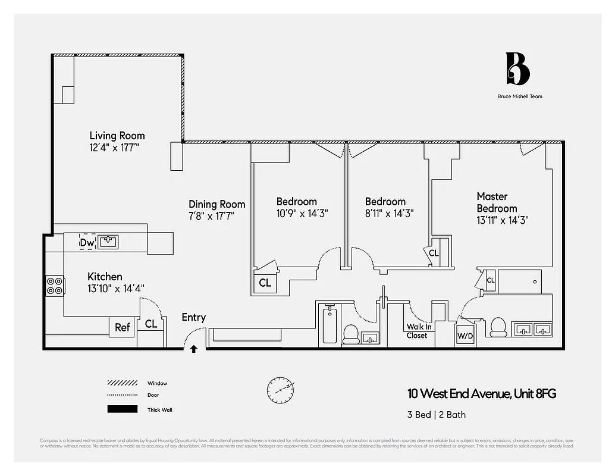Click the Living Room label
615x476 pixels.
(x=117, y=136)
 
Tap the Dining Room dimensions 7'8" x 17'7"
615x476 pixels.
(x=212, y=217)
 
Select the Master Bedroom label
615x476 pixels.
(x=497, y=202)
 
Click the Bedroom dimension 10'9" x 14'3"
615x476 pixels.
(x=302, y=213)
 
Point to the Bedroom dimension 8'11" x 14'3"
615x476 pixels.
(x=389, y=213)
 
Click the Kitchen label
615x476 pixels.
(x=105, y=277)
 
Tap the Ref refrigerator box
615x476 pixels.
(x=123, y=327)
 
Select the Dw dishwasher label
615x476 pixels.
(x=87, y=243)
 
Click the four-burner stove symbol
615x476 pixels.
(x=55, y=286)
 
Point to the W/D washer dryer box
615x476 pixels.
(x=465, y=336)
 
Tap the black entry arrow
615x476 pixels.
(x=193, y=349)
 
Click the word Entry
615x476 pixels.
(x=194, y=317)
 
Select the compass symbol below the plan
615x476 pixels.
(x=280, y=389)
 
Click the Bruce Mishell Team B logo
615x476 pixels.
(x=517, y=69)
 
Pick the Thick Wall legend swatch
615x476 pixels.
(x=122, y=409)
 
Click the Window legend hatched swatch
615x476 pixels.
(x=122, y=383)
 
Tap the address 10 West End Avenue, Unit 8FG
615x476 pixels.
(x=482, y=394)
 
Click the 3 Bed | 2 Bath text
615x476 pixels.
(x=436, y=415)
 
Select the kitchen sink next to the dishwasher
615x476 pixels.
(x=108, y=242)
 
